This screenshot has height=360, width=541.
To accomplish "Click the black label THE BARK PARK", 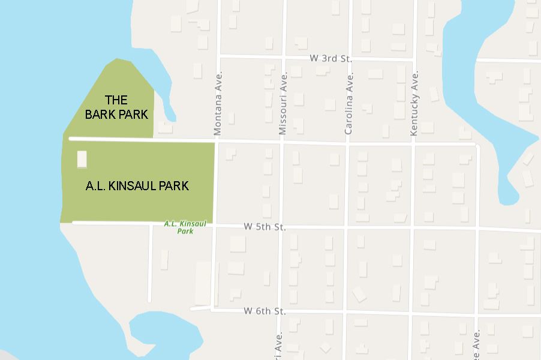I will pyautogui.click(x=116, y=107).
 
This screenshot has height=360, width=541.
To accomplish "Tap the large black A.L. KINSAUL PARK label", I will pyautogui.click(x=137, y=186).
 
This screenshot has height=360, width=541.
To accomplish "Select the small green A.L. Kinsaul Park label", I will pyautogui.click(x=185, y=227).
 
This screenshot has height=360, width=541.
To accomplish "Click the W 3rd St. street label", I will pyautogui.click(x=330, y=59).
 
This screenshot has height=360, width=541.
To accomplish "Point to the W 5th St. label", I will pyautogui.click(x=265, y=227).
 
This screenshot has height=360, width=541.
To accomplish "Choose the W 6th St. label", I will pyautogui.click(x=265, y=311).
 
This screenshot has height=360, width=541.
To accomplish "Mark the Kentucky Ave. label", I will pyautogui.click(x=414, y=105).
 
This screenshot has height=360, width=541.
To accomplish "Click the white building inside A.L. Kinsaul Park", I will pyautogui.click(x=82, y=160).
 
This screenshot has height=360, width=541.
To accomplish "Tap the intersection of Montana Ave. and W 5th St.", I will pyautogui.click(x=215, y=226).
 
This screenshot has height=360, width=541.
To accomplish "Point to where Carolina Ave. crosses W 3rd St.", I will pyautogui.click(x=349, y=59).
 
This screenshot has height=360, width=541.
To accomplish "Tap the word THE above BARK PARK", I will pyautogui.click(x=116, y=100).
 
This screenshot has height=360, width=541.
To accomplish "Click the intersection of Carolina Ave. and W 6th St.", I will pyautogui.click(x=345, y=312).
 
